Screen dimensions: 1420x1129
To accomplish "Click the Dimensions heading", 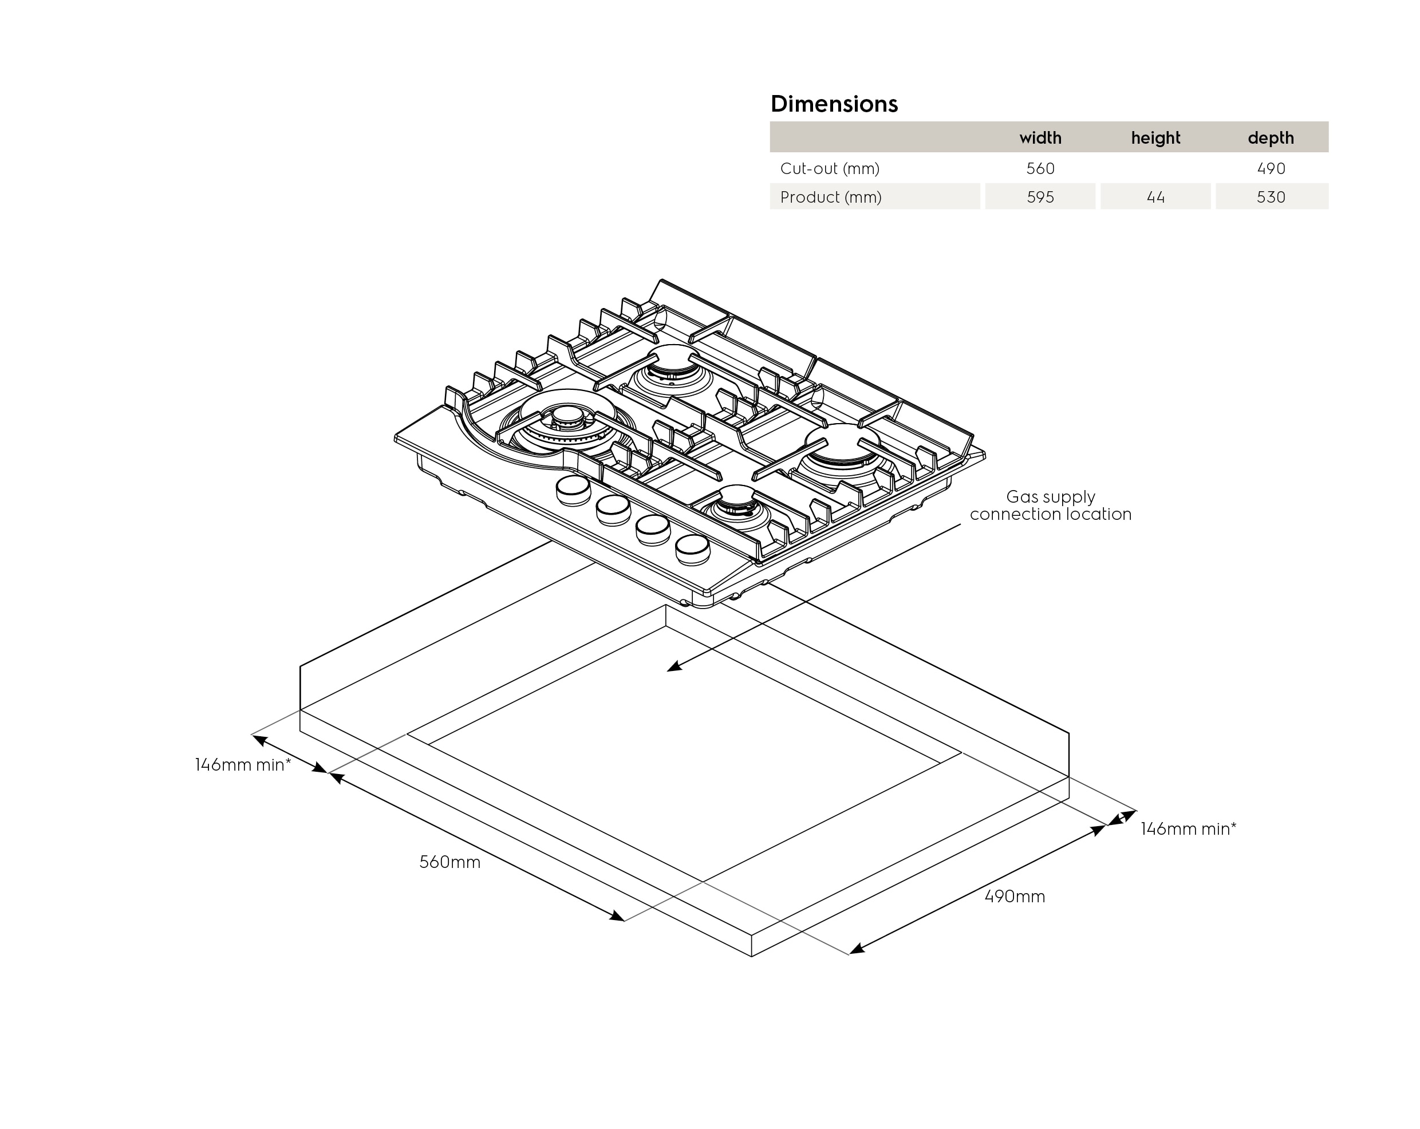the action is point(834,104).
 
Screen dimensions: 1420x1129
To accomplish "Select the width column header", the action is point(1040,137).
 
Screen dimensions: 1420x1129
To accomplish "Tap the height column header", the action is point(1155,137).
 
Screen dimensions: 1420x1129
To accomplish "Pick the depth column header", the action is point(1271,137).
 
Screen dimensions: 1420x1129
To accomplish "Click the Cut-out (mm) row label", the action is point(829,169).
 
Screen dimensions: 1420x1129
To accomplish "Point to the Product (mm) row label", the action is point(831,197).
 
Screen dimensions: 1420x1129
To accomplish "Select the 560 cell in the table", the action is point(1040,169).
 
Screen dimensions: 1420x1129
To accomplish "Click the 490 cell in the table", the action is point(1271,169).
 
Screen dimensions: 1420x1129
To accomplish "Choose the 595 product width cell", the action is point(1040,197).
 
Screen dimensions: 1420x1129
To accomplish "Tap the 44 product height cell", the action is point(1155,197).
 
